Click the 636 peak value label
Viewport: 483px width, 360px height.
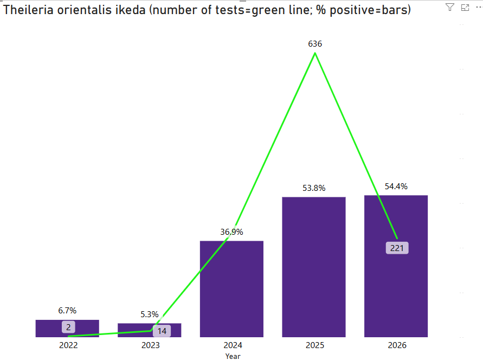(x=315, y=44)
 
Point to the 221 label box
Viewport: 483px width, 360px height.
(x=397, y=248)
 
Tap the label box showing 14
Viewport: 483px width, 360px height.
(x=162, y=331)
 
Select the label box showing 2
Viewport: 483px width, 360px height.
(x=68, y=327)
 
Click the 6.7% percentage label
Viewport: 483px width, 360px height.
(x=67, y=311)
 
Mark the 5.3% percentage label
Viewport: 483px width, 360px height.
(x=149, y=314)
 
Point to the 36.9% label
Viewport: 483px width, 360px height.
(x=231, y=232)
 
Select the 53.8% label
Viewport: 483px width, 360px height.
(x=313, y=188)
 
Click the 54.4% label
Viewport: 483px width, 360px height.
(x=396, y=186)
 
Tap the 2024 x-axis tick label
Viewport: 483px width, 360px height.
(x=233, y=345)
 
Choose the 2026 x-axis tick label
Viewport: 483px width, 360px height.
(x=397, y=345)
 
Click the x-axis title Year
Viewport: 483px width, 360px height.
(x=233, y=356)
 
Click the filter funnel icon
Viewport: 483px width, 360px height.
(x=450, y=7)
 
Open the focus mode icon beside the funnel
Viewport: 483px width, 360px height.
(x=465, y=7)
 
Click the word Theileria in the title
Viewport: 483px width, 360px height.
(x=26, y=10)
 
